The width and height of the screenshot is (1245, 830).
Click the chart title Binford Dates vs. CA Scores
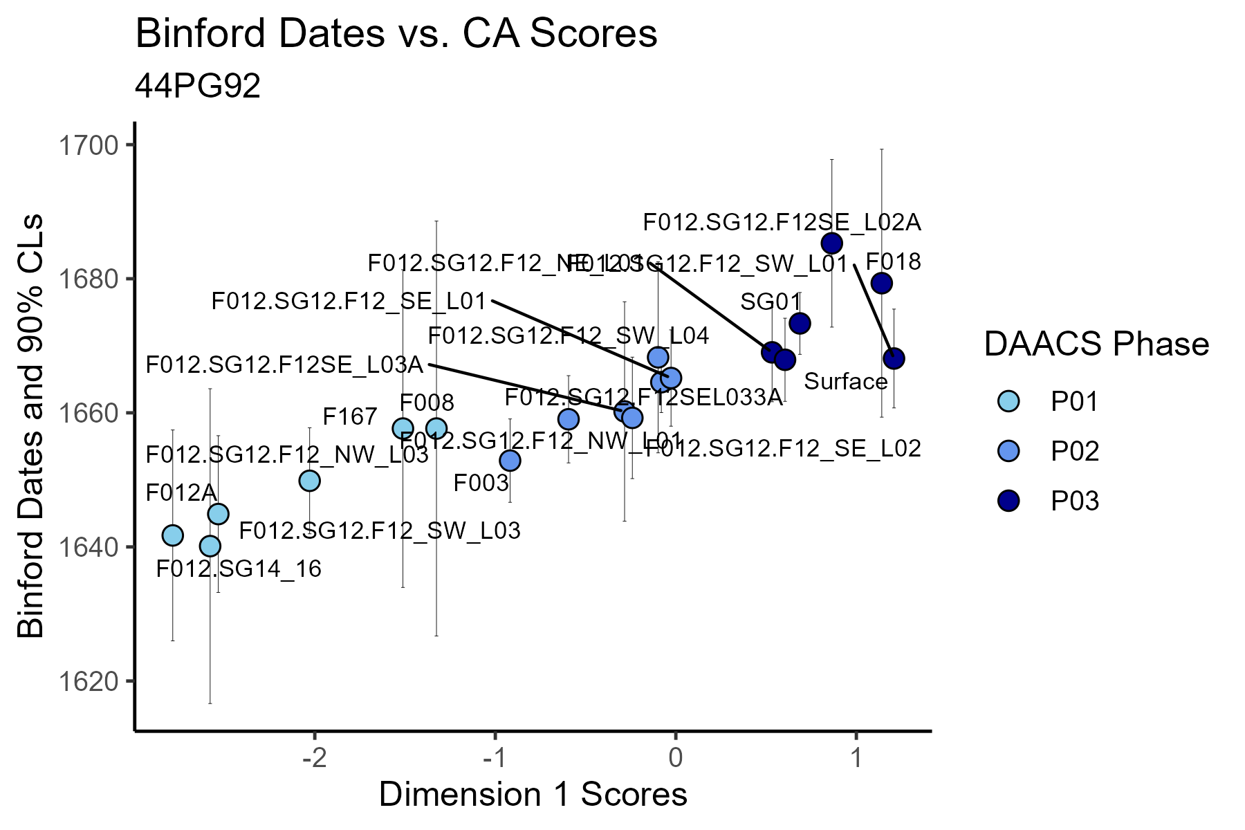pyautogui.click(x=396, y=33)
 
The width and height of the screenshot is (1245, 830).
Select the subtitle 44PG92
pyautogui.click(x=198, y=86)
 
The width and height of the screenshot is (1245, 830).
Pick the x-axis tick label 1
pyautogui.click(x=856, y=758)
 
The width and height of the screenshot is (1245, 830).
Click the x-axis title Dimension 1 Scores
pyautogui.click(x=533, y=795)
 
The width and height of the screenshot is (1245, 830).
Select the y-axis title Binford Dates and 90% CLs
pyautogui.click(x=31, y=425)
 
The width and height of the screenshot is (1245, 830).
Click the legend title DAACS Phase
pyautogui.click(x=1096, y=344)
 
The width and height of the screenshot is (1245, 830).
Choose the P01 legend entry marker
pyautogui.click(x=1009, y=401)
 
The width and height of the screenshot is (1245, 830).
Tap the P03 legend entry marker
pyautogui.click(x=1009, y=501)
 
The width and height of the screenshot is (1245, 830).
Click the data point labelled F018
pyautogui.click(x=881, y=283)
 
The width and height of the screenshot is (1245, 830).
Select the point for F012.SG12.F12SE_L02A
pyautogui.click(x=831, y=243)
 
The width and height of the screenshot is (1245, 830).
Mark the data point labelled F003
pyautogui.click(x=510, y=460)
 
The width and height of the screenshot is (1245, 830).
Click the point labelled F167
pyautogui.click(x=403, y=428)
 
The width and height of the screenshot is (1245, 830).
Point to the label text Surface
pyautogui.click(x=845, y=382)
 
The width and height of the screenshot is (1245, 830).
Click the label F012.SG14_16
pyautogui.click(x=239, y=569)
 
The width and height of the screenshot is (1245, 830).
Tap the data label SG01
pyautogui.click(x=770, y=302)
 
